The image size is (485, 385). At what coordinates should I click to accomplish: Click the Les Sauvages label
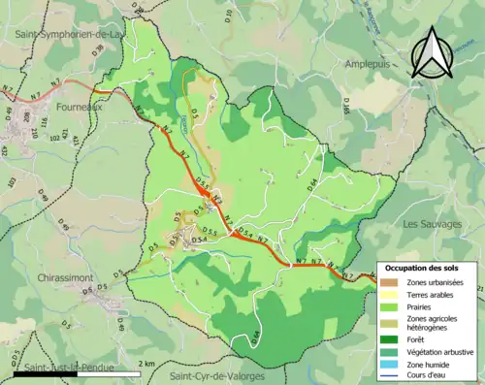coord(433,224)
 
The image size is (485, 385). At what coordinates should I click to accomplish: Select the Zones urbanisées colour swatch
coord(391,282)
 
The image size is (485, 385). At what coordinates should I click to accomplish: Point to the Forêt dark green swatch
coord(391,340)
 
